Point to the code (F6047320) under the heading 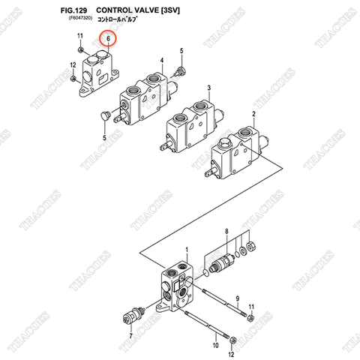point(75,19)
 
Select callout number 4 point(161,59)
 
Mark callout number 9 point(237,298)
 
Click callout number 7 point(131,336)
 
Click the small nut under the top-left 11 point(81,49)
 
